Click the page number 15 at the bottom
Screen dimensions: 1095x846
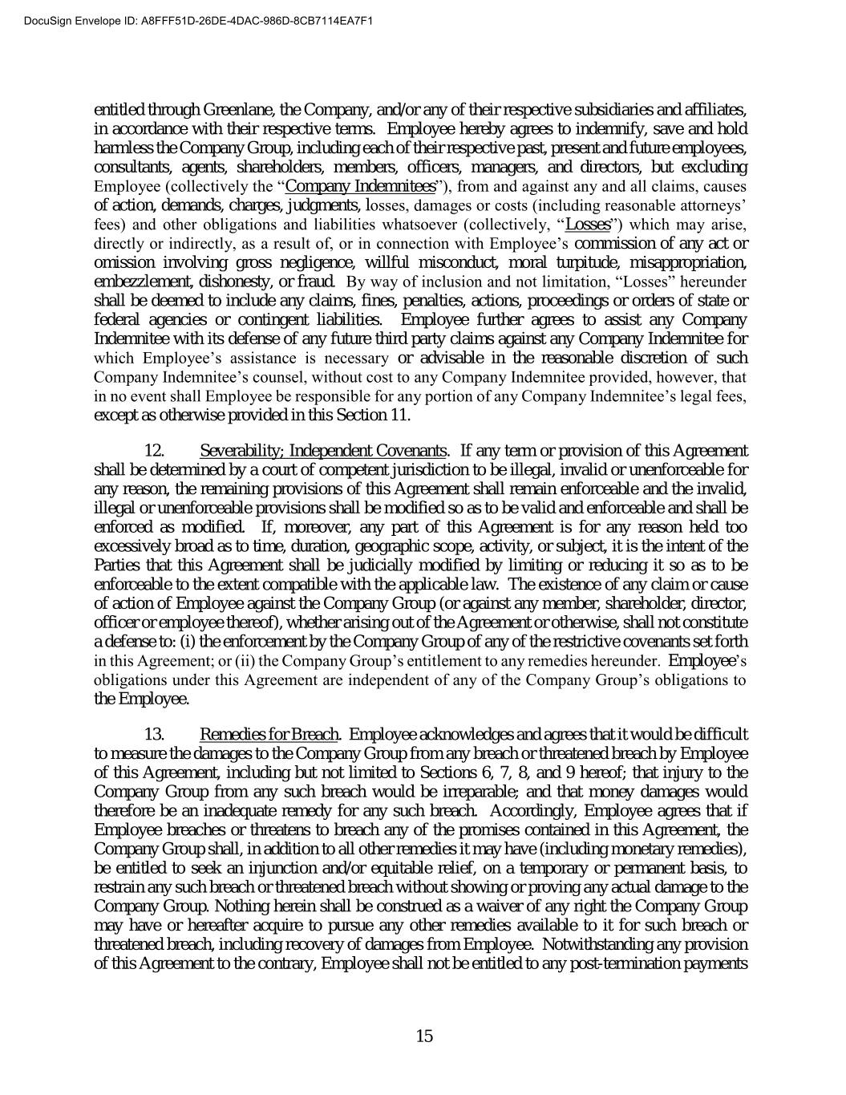(x=424, y=1036)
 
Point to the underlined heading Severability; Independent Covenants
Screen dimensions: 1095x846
(x=323, y=450)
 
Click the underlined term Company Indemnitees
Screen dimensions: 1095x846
(x=361, y=187)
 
